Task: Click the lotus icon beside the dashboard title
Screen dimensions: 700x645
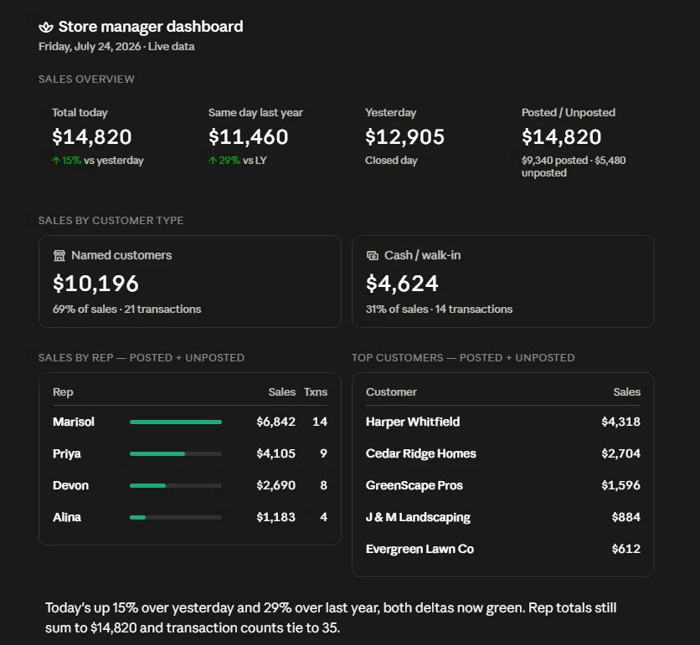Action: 45,28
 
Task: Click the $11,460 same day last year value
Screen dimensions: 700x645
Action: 248,136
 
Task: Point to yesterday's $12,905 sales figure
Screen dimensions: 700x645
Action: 405,136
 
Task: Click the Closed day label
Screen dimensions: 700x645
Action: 391,160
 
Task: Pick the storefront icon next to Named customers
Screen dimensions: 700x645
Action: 59,256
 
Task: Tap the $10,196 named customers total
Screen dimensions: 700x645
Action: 95,284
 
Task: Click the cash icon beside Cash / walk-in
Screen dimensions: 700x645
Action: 373,256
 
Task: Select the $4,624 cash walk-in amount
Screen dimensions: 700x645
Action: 402,284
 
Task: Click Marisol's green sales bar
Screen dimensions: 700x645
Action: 176,422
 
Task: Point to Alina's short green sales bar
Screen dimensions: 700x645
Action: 137,518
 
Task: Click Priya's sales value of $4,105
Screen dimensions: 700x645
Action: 275,453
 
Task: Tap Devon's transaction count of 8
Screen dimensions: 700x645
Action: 324,485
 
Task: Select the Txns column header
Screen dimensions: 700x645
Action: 316,392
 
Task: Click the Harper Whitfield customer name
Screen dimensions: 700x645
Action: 413,422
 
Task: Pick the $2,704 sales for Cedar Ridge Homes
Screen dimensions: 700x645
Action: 621,453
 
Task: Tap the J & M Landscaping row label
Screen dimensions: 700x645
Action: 419,518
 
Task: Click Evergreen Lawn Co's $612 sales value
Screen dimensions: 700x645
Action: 626,549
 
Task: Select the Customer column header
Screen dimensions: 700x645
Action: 392,392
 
